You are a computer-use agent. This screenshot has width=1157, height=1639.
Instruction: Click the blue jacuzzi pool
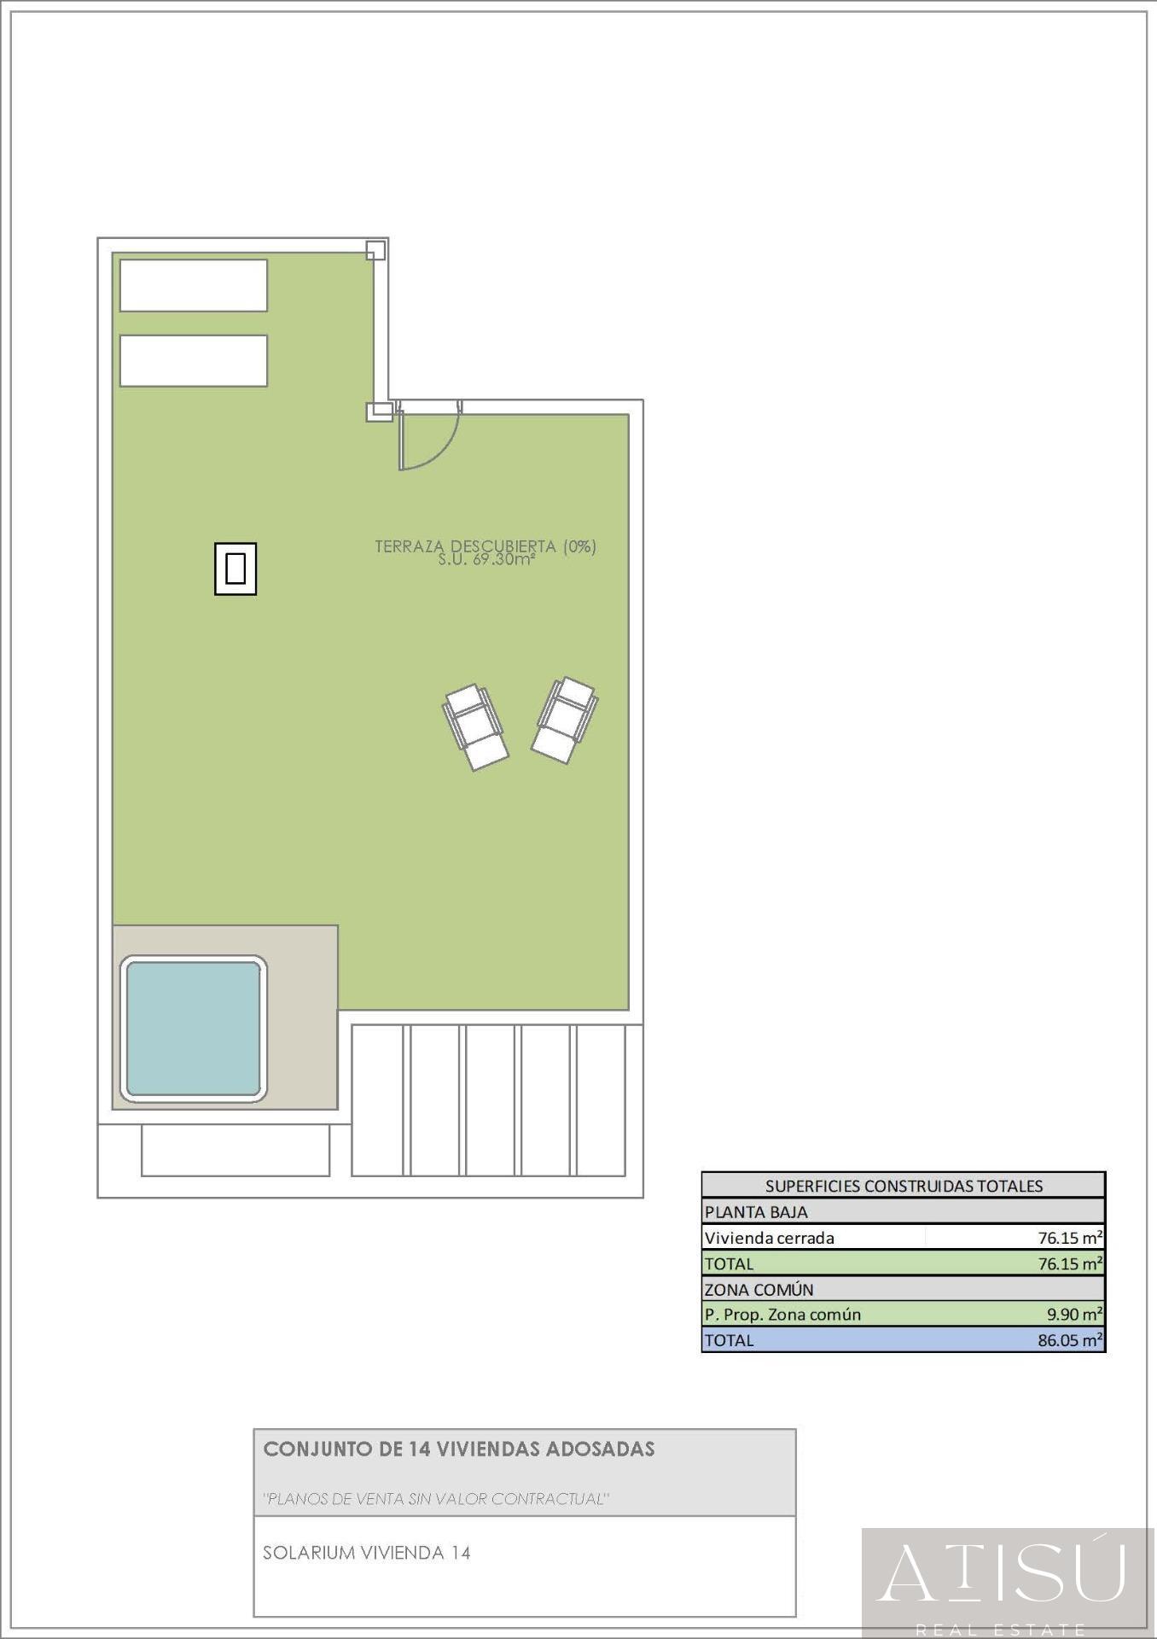(193, 1028)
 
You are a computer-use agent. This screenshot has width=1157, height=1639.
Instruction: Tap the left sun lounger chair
(475, 726)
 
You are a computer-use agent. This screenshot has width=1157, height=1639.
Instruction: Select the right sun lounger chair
(564, 720)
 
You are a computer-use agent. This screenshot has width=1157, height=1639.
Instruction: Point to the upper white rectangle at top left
(193, 285)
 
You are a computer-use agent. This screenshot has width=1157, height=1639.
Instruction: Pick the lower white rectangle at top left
(193, 360)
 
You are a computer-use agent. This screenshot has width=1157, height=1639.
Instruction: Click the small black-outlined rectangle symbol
(235, 569)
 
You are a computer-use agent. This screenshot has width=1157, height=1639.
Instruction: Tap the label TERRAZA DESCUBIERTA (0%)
(485, 545)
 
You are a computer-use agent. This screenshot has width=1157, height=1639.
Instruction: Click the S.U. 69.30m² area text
(486, 561)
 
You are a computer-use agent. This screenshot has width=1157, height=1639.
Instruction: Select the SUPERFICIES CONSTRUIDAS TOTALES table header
(904, 1186)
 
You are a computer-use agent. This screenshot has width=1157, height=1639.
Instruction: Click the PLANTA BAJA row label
(756, 1211)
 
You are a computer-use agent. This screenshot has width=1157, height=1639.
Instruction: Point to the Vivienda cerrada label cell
(770, 1238)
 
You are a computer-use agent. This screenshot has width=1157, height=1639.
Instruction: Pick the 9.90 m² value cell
(1074, 1315)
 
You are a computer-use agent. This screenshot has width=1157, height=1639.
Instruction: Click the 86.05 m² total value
(1070, 1340)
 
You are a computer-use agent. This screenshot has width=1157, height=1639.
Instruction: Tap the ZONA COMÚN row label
(759, 1289)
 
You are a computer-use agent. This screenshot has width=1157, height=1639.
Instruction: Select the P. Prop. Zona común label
(782, 1315)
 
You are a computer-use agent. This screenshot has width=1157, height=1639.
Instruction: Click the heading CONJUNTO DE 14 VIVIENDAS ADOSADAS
(459, 1449)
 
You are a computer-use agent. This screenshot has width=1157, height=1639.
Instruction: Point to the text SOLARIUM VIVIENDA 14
(367, 1553)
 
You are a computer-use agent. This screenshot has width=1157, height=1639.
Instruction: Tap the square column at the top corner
(375, 250)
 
